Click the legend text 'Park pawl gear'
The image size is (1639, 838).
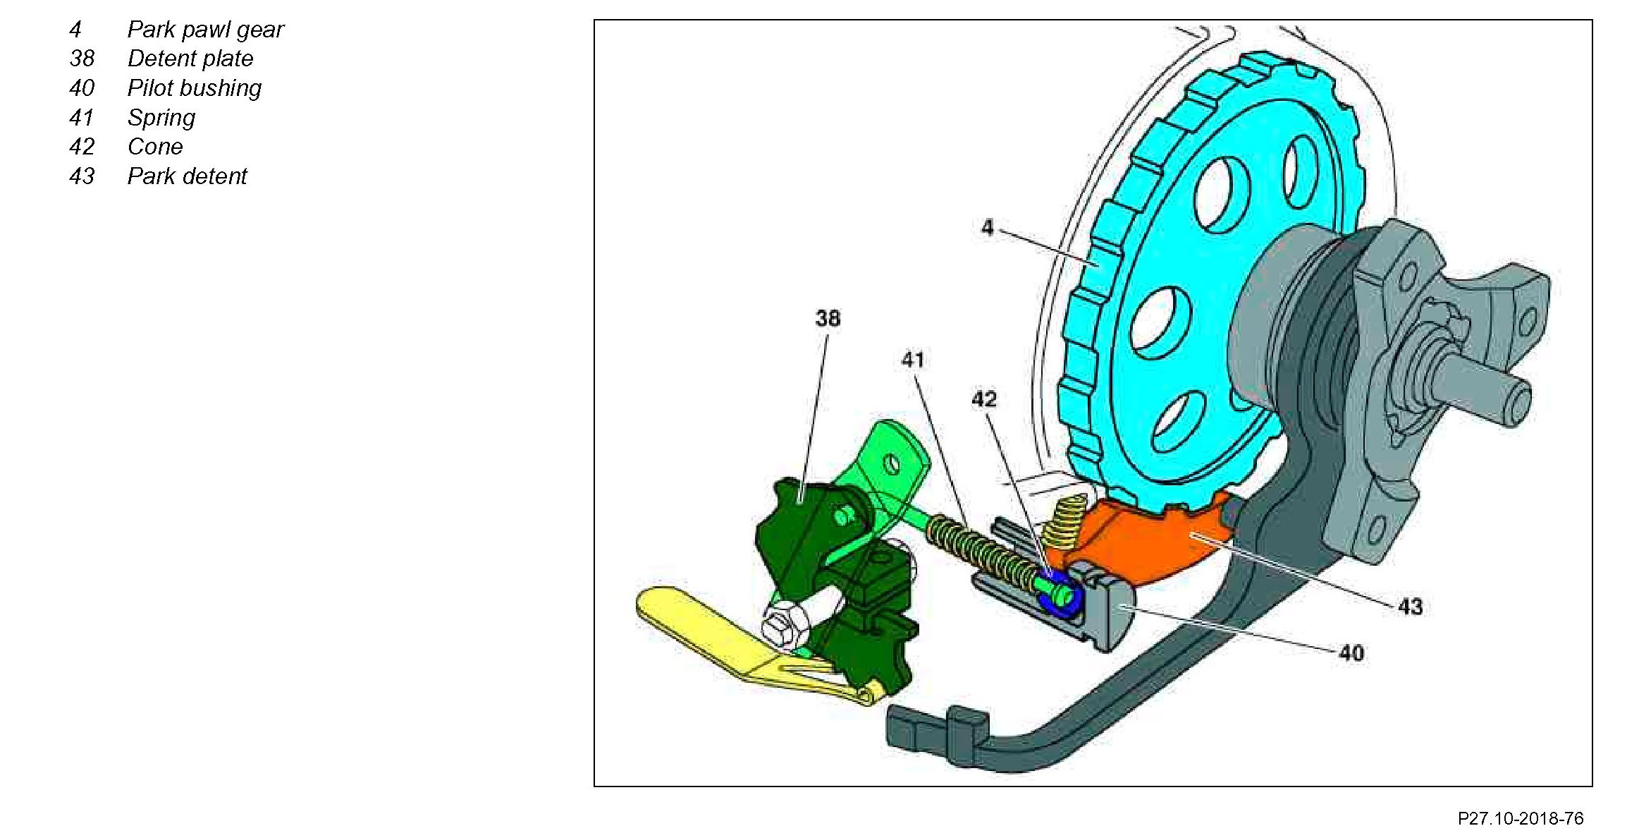[x=205, y=30]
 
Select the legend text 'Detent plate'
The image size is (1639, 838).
[x=190, y=59]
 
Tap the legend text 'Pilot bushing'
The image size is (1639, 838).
[x=195, y=88]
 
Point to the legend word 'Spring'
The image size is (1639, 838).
[x=161, y=118]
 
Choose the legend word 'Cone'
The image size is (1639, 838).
[x=155, y=147]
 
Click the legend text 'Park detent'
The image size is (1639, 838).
[x=187, y=176]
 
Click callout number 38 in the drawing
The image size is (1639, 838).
[x=828, y=319]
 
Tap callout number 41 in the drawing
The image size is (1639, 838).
[x=913, y=360]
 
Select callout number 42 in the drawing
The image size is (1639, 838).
[x=984, y=399]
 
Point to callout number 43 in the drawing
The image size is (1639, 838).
[x=1410, y=607]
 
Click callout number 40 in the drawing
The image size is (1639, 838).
[x=1351, y=653]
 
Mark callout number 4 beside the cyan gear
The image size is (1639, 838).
[x=988, y=227]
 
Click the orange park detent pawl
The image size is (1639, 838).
[x=1170, y=543]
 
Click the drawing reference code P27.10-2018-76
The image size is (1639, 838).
[x=1521, y=818]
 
